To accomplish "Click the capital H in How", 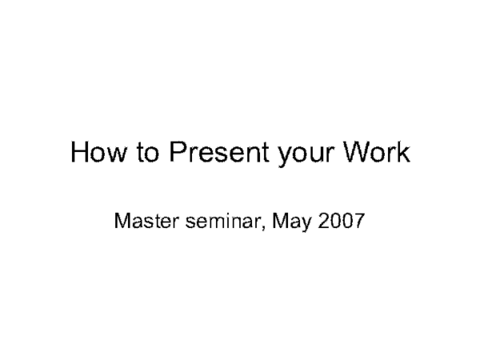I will pyautogui.click(x=80, y=153).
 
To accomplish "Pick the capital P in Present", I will pyautogui.click(x=174, y=153).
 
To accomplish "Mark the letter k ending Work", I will pyautogui.click(x=404, y=153).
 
